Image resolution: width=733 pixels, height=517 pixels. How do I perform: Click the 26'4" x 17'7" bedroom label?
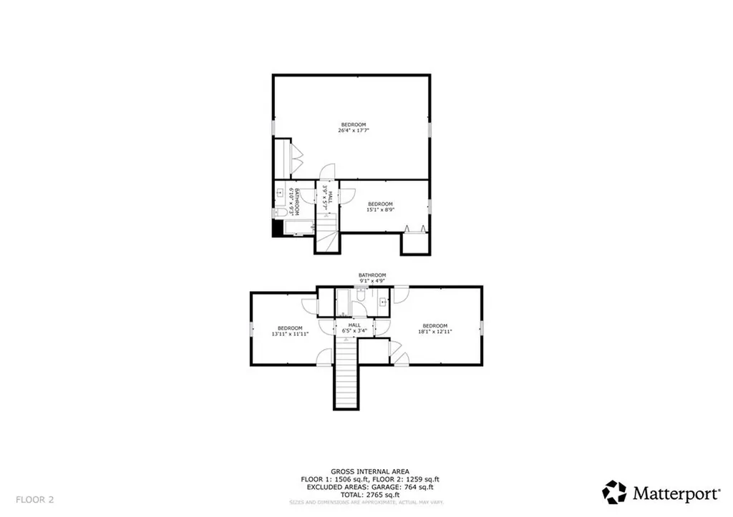click(353, 127)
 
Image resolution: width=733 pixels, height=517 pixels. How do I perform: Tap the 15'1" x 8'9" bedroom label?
click(380, 207)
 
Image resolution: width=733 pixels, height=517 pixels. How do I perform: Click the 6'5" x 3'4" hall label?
click(354, 328)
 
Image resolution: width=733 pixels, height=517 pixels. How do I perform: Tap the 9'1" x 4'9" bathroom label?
click(372, 278)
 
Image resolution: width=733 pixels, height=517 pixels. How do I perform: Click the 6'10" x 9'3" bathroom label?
click(291, 201)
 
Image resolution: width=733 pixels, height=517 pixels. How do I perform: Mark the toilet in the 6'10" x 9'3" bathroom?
click(276, 213)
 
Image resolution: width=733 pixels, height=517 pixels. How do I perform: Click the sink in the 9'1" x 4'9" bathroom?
click(384, 302)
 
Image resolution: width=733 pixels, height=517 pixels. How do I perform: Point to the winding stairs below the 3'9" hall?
click(327, 237)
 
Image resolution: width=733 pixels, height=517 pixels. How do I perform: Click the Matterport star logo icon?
click(614, 492)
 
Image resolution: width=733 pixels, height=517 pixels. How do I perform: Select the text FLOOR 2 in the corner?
click(34, 498)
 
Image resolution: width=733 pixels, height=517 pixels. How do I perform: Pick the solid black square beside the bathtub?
click(277, 229)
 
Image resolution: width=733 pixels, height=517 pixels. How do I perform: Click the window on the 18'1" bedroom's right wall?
click(482, 327)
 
